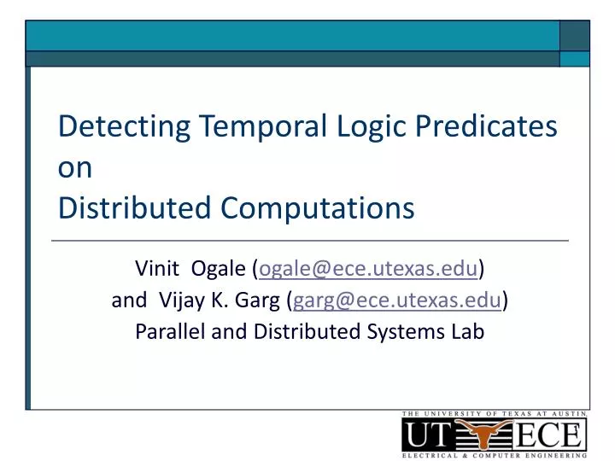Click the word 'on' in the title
(74, 168)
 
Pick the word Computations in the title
(318, 207)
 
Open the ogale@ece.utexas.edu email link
(368, 270)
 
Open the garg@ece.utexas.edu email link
(398, 301)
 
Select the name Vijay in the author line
(181, 301)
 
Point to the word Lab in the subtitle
(467, 331)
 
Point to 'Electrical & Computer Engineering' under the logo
(495, 456)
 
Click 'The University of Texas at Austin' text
(495, 414)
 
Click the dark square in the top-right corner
(575, 35)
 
